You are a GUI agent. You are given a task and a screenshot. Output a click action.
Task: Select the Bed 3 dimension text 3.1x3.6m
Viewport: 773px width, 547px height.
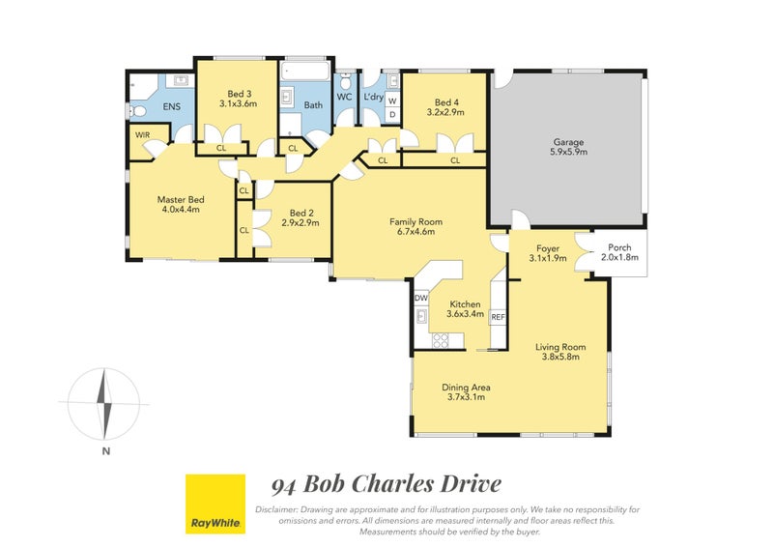238,102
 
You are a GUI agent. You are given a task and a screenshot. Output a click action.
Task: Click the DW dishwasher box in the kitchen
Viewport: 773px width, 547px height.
421,298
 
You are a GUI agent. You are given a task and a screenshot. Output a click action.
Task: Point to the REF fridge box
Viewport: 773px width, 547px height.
499,316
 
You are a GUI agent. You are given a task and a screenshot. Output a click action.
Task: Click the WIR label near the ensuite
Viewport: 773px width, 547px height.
142,135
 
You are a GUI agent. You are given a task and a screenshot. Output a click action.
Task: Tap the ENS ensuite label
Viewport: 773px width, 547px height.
171,106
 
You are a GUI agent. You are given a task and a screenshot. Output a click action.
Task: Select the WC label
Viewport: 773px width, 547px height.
344,98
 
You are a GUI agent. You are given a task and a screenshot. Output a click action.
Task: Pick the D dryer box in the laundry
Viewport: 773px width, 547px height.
392,116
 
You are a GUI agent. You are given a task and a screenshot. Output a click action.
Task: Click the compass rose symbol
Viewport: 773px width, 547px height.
106,402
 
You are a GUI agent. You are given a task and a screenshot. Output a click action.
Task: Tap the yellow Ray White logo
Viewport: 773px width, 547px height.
214,504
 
